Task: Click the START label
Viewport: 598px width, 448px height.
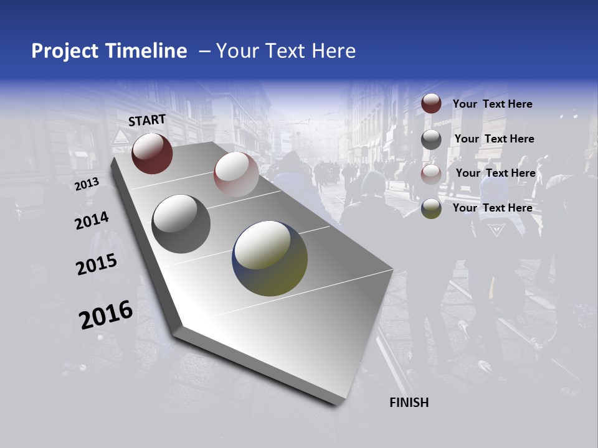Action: (x=147, y=120)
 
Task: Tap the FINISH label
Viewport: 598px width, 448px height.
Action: (x=409, y=403)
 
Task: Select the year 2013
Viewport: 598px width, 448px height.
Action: (x=87, y=184)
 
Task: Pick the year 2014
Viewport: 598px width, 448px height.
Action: (x=92, y=221)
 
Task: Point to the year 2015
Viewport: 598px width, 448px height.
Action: (x=97, y=264)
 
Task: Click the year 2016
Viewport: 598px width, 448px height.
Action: (x=106, y=315)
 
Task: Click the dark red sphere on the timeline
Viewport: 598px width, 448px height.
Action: (x=152, y=153)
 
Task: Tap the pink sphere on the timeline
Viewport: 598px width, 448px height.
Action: (x=236, y=174)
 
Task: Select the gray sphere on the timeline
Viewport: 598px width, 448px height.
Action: (x=181, y=224)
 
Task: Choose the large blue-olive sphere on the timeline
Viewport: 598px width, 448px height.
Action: (x=270, y=258)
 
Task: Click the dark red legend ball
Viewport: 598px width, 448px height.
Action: (x=431, y=104)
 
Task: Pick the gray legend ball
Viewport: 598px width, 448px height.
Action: (x=431, y=139)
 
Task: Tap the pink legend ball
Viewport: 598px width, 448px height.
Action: (x=431, y=174)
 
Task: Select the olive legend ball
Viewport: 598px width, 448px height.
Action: (x=431, y=208)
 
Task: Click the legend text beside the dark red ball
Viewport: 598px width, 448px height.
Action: (x=492, y=104)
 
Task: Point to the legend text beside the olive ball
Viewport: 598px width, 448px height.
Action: (x=492, y=208)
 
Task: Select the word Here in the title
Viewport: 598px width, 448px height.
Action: (x=333, y=51)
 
